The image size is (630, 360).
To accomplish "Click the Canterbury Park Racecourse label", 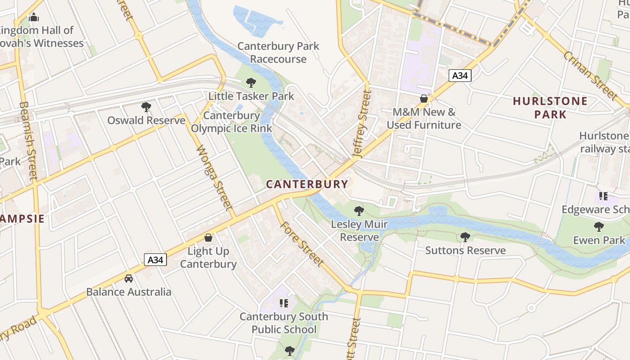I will tap(278, 52).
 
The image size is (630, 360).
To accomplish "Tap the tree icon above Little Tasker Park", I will tap(251, 82).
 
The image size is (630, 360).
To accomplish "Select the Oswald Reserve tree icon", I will tap(146, 107).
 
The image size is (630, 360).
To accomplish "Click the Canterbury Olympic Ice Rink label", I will tap(231, 122).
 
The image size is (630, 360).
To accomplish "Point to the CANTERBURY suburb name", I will tap(307, 184).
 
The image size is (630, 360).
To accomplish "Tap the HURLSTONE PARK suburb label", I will tap(550, 108).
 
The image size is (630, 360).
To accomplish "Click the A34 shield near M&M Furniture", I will tap(459, 76).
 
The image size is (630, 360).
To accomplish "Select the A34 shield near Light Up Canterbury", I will tap(155, 260).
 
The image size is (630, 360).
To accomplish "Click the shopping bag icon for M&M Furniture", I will tap(423, 98).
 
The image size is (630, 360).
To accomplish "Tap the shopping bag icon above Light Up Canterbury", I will tap(208, 237).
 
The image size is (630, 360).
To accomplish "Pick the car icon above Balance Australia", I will tap(129, 278).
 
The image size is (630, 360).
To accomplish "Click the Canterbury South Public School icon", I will tap(283, 303).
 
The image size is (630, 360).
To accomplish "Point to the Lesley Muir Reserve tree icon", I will tap(359, 210).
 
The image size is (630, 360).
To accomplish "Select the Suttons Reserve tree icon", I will tap(465, 237).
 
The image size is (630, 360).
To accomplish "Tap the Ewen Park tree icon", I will tap(598, 226).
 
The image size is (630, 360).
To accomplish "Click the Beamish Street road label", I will tap(28, 140).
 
